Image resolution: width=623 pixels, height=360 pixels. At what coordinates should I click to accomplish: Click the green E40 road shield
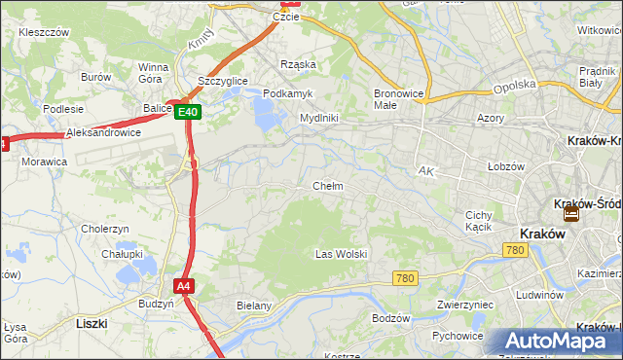(189, 113)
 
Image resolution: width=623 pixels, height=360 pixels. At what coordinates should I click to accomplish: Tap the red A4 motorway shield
(184, 286)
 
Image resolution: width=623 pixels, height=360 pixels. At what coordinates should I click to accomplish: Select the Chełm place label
(327, 186)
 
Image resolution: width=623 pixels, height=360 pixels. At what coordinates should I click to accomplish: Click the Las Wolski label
(341, 254)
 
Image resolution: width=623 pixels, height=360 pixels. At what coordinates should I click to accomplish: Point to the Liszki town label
(92, 322)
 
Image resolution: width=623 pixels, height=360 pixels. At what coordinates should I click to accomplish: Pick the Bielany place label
(253, 306)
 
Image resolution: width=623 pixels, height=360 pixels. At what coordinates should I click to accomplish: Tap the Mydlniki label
(318, 118)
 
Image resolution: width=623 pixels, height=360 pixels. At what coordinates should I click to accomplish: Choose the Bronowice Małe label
(396, 99)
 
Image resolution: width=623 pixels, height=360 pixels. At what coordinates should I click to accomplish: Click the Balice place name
(156, 108)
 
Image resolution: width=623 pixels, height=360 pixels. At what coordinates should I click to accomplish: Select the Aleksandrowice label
(103, 132)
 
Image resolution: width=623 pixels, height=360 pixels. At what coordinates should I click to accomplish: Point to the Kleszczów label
(43, 32)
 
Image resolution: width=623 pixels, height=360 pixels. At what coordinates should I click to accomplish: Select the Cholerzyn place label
(105, 229)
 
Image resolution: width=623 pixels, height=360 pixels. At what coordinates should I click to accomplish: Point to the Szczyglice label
(222, 81)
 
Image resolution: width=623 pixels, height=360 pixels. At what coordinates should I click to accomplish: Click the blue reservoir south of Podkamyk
(265, 116)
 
